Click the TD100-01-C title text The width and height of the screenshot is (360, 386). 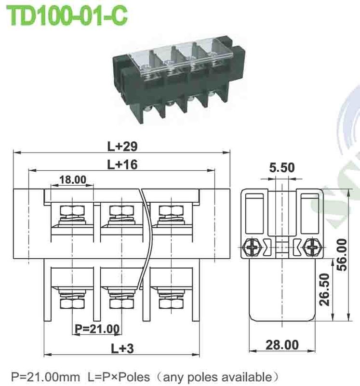click(x=67, y=15)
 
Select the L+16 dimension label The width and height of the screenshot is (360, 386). click(x=122, y=165)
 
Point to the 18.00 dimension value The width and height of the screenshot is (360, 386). click(x=72, y=180)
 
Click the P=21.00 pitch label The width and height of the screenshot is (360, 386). click(x=97, y=329)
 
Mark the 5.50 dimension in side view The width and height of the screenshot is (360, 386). click(x=282, y=167)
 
